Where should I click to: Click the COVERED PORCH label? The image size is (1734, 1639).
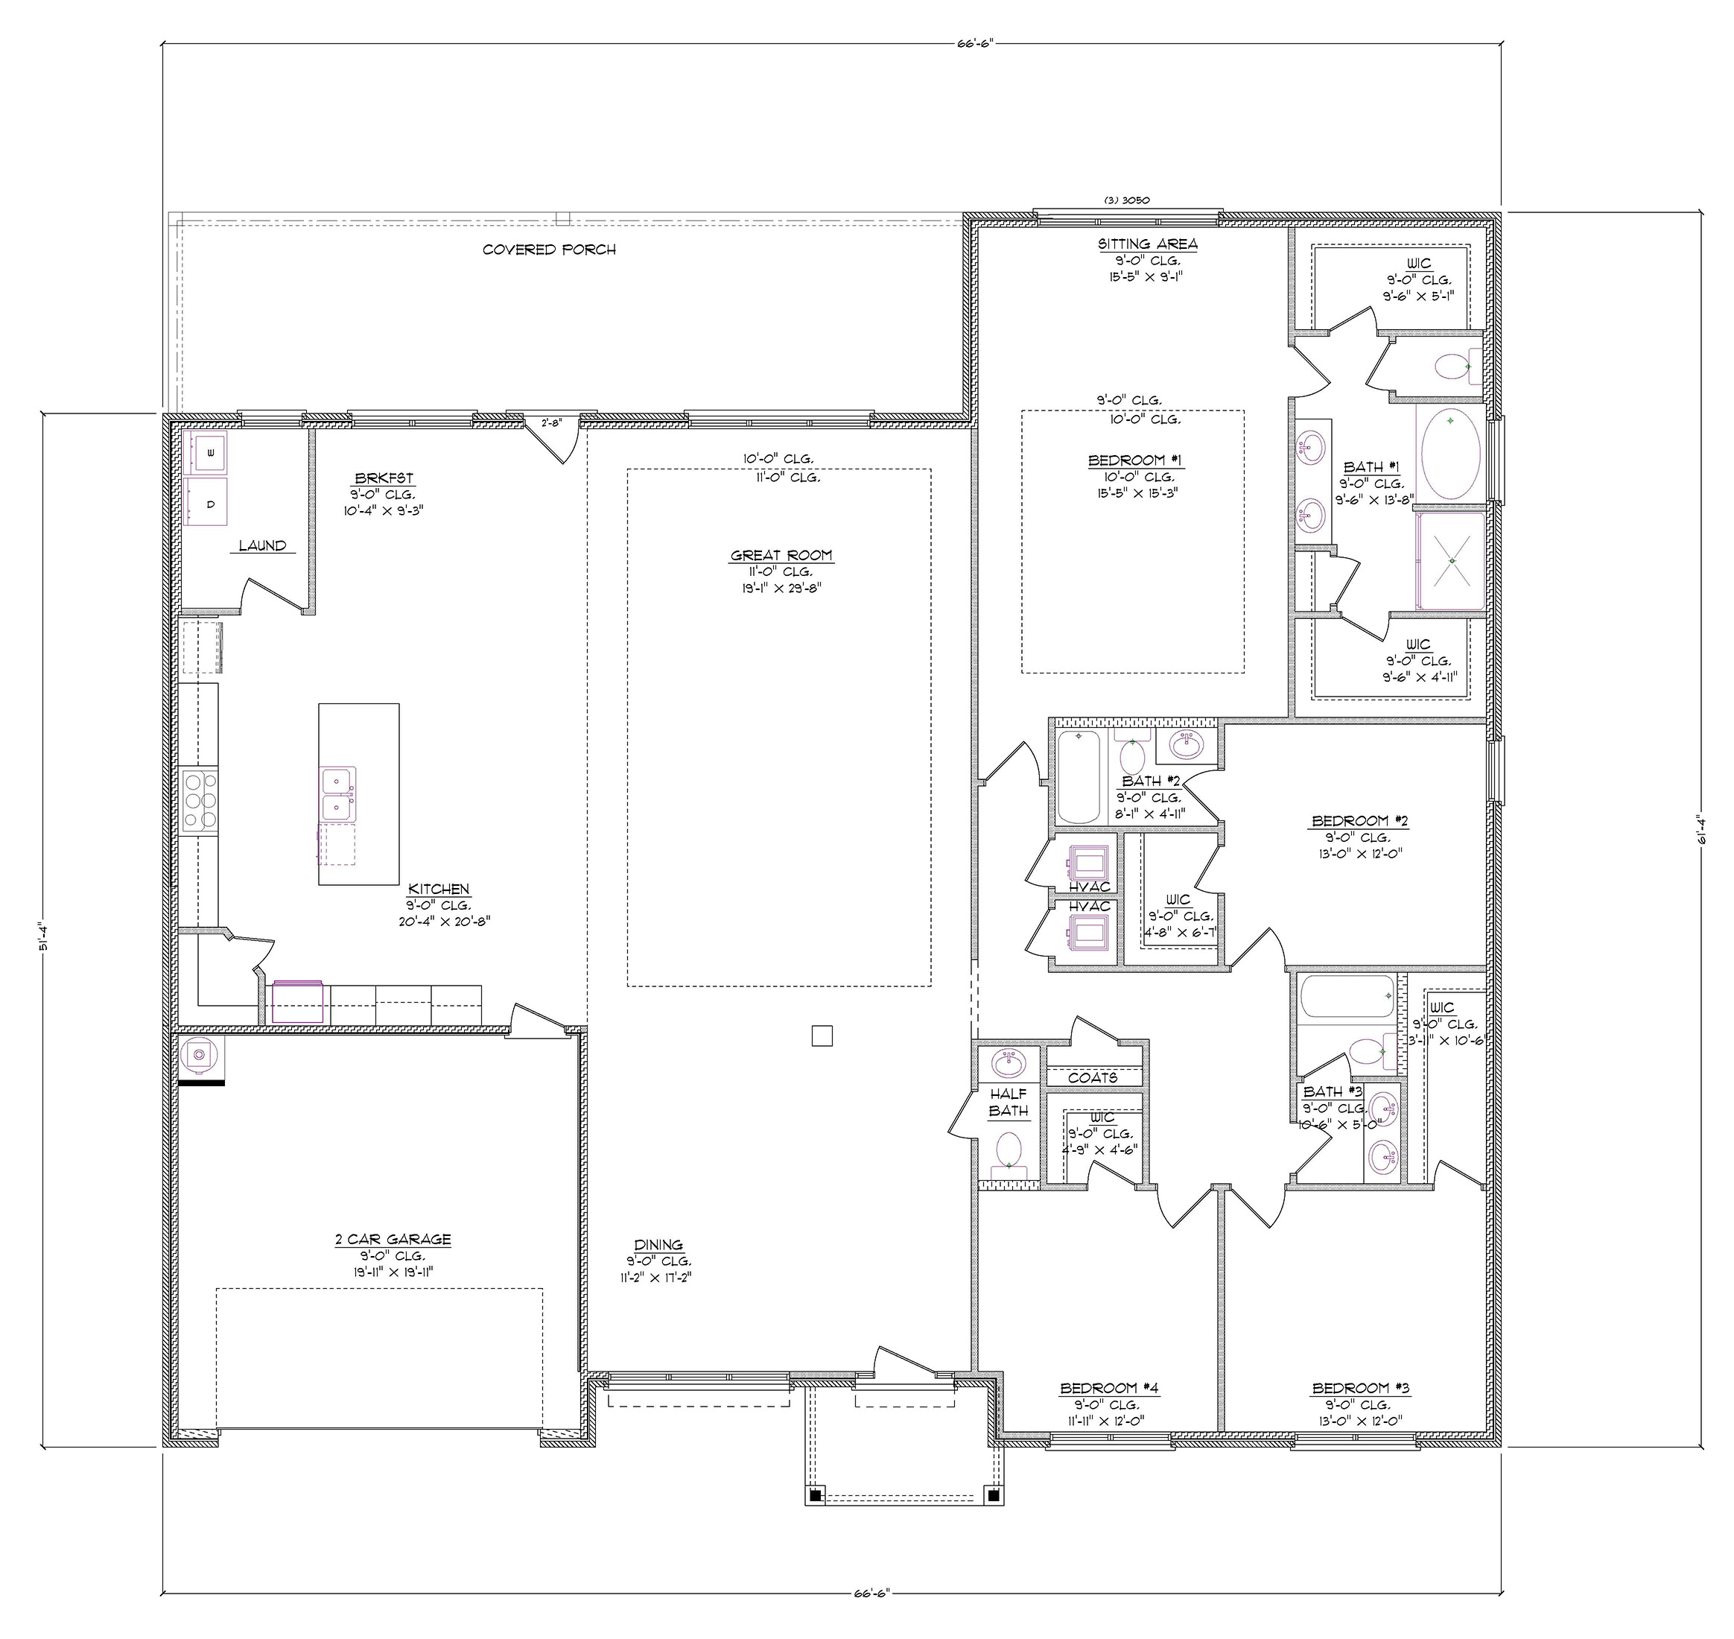pyautogui.click(x=550, y=250)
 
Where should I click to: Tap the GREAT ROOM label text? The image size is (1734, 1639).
pyautogui.click(x=781, y=556)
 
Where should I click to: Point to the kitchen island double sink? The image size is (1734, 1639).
pyautogui.click(x=339, y=794)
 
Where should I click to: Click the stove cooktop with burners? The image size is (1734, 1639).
pyautogui.click(x=200, y=798)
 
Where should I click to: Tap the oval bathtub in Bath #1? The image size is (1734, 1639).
pyautogui.click(x=1450, y=452)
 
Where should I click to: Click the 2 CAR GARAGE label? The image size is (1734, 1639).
pyautogui.click(x=393, y=1239)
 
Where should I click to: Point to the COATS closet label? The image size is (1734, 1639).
pyautogui.click(x=1093, y=1078)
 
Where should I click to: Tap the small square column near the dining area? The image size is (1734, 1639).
pyautogui.click(x=822, y=1036)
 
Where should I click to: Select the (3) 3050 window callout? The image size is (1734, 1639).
pyautogui.click(x=1126, y=200)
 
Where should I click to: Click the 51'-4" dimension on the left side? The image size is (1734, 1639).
pyautogui.click(x=41, y=945)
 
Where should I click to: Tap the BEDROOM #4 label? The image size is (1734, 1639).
pyautogui.click(x=1108, y=1388)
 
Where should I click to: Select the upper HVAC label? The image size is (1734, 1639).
pyautogui.click(x=1089, y=887)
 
